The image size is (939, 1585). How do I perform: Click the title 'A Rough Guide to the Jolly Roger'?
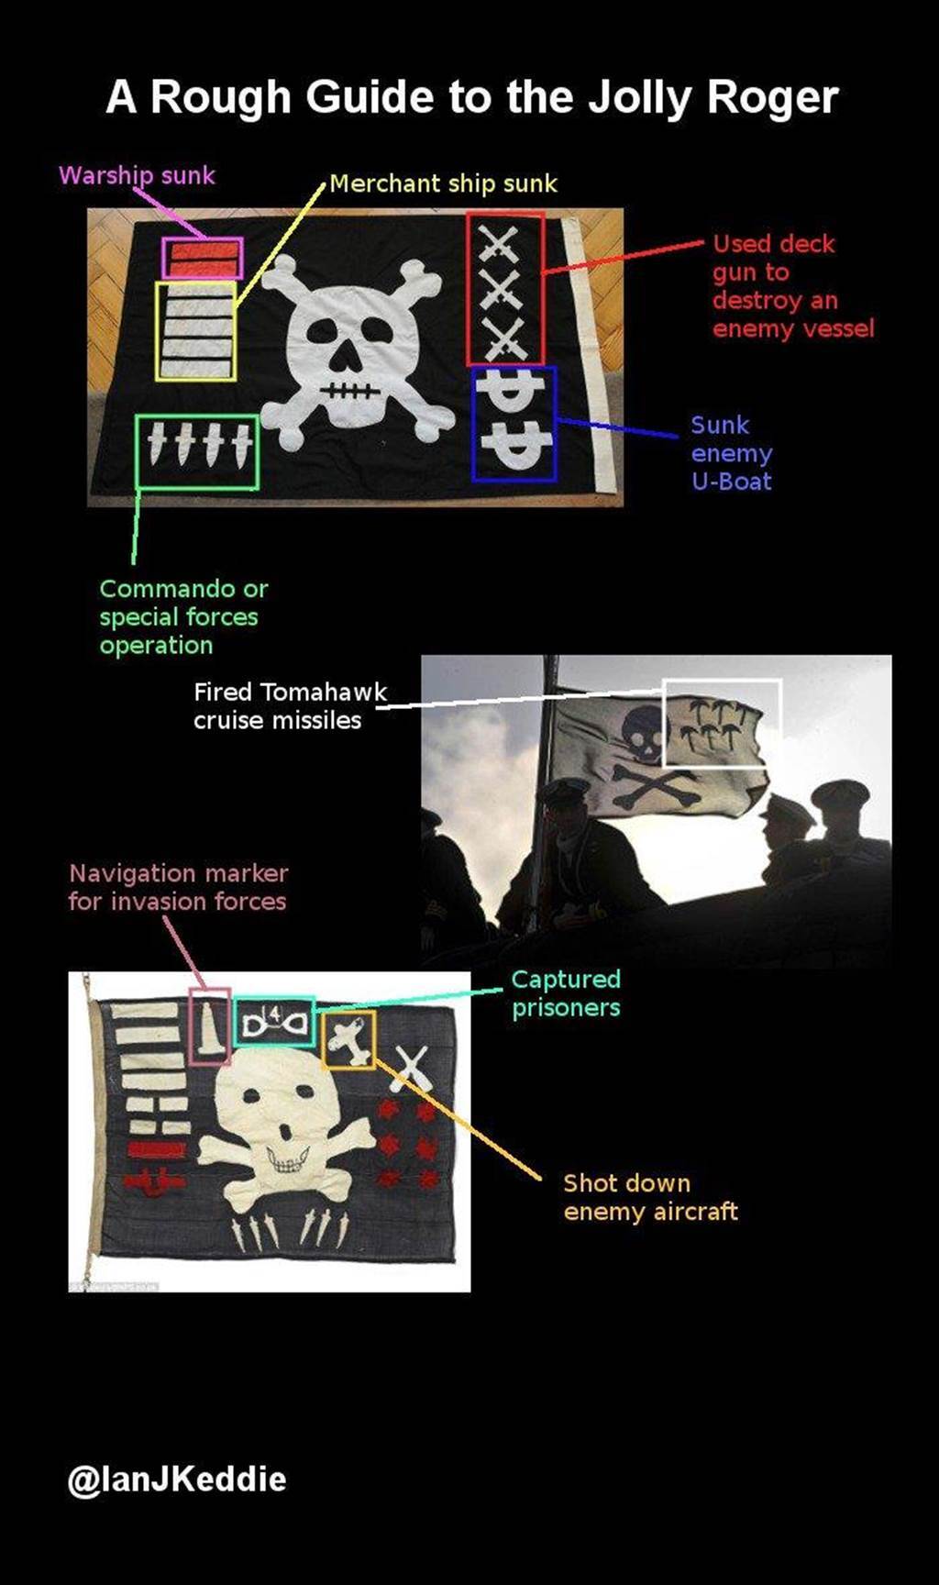coord(471,97)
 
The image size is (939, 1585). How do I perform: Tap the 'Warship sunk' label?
coord(137,175)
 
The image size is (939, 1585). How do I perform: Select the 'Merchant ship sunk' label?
coord(443,183)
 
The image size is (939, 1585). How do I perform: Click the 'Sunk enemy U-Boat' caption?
coord(732,453)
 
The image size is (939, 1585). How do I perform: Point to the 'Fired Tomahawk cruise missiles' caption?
coord(290,705)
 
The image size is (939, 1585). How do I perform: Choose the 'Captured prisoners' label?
coord(566,993)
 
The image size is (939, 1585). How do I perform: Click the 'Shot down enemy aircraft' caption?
coord(650,1197)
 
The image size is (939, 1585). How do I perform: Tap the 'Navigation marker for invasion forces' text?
coord(178,887)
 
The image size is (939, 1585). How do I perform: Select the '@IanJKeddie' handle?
coord(177,1479)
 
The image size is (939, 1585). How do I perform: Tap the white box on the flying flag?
coord(722,681)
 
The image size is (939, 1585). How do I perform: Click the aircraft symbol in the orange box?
coord(348,1039)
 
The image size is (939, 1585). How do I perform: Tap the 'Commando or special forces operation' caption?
coord(183,616)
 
